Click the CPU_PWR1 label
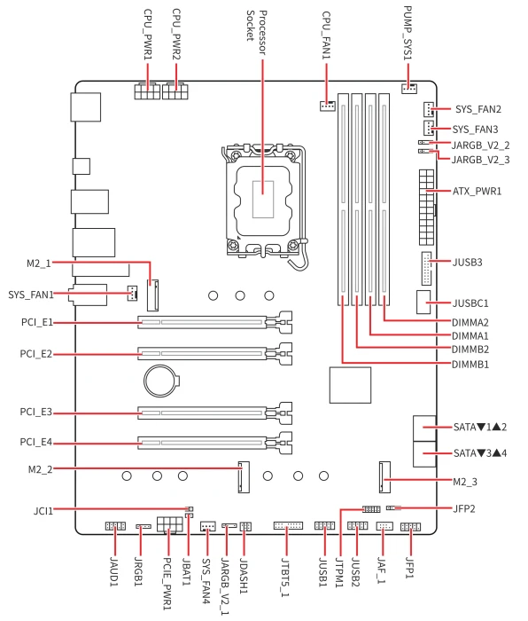pyautogui.click(x=148, y=35)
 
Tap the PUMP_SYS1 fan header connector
pyautogui.click(x=409, y=89)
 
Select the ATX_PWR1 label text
pyautogui.click(x=477, y=192)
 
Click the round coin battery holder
pyautogui.click(x=160, y=381)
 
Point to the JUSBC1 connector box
pyautogui.click(x=423, y=302)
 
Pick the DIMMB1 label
pyautogui.click(x=470, y=364)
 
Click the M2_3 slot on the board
pyautogui.click(x=384, y=477)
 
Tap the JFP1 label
pyautogui.click(x=410, y=568)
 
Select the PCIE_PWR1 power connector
pyautogui.click(x=170, y=524)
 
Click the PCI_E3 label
pyautogui.click(x=36, y=413)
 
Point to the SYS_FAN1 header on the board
pyautogui.click(x=132, y=293)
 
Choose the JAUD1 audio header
pyautogui.click(x=115, y=526)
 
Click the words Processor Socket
pyautogui.click(x=256, y=32)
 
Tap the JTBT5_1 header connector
pyautogui.click(x=288, y=526)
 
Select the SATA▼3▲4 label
pyautogui.click(x=480, y=453)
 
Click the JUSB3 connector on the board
pyautogui.click(x=427, y=269)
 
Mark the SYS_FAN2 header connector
pyautogui.click(x=428, y=109)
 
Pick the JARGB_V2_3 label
pyautogui.click(x=480, y=160)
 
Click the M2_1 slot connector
pyautogui.click(x=153, y=295)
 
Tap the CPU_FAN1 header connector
pyautogui.click(x=328, y=106)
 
